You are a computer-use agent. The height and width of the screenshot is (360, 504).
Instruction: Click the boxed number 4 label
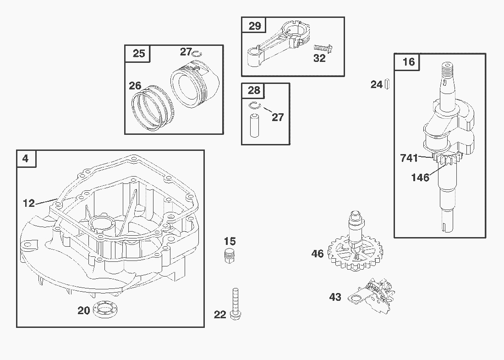[26, 159]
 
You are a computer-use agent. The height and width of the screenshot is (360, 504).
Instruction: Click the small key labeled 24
[388, 84]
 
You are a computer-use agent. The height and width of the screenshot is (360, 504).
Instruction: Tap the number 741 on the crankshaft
[409, 158]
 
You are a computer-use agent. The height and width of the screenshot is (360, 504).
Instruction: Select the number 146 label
[420, 177]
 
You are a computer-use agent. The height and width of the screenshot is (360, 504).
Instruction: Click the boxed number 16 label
[408, 62]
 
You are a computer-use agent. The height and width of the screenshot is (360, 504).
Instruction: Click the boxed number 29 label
[255, 26]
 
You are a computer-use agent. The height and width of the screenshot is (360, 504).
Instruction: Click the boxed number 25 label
[138, 54]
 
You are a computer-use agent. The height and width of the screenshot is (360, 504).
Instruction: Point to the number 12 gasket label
[28, 203]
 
